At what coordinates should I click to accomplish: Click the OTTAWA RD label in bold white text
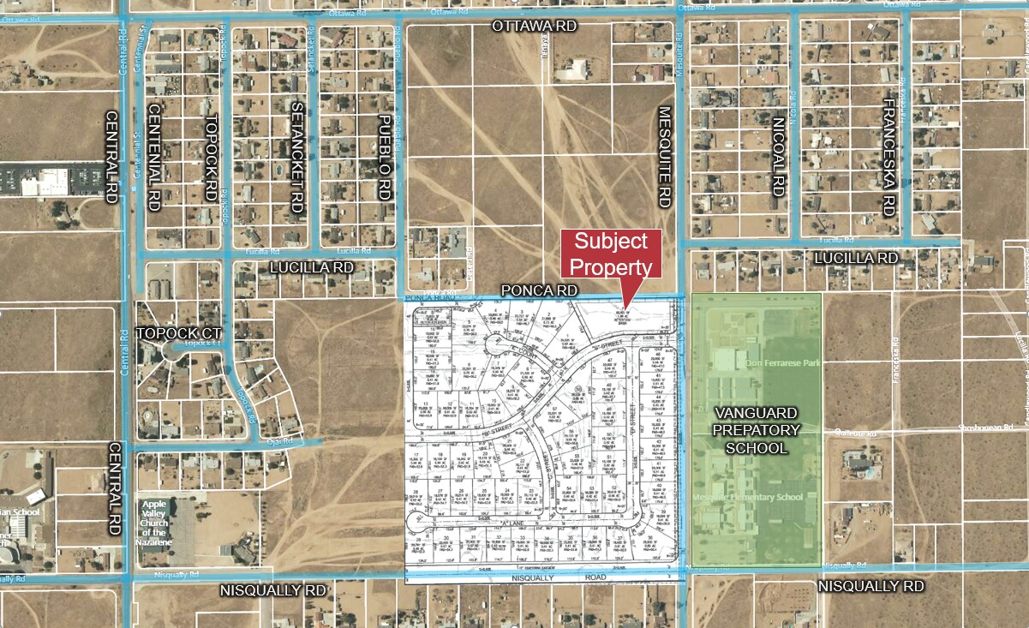534,26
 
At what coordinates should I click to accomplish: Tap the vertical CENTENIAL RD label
155,158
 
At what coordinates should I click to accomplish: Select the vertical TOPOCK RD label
210,158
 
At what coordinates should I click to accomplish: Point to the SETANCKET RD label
297,158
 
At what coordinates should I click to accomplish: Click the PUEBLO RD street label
384,158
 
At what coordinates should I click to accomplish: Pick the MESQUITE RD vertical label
664,156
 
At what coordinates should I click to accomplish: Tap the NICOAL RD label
779,156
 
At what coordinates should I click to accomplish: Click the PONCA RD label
540,290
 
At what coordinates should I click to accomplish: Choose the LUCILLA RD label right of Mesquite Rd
855,258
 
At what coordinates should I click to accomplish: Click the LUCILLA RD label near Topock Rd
311,267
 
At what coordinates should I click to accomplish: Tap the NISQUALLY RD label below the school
871,587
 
